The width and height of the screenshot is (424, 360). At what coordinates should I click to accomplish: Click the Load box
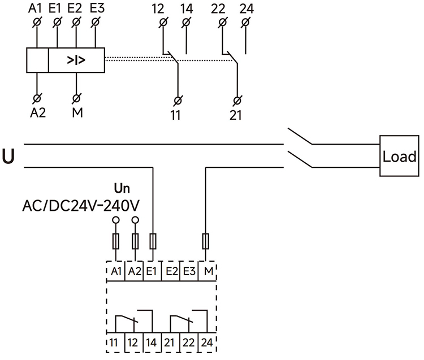[x=400, y=157]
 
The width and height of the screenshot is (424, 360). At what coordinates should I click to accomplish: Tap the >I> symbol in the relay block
[x=76, y=60]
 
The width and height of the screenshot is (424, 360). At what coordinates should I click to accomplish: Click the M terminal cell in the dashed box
[x=208, y=271]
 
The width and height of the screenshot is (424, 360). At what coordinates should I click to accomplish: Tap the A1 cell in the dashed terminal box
[x=116, y=271]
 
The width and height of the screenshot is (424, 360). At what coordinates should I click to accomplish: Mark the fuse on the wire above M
[x=206, y=242]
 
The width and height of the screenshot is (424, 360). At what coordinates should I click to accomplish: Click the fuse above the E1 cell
[x=153, y=242]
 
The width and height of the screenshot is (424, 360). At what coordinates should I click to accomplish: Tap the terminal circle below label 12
[x=163, y=22]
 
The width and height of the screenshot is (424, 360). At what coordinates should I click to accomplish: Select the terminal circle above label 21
[x=236, y=101]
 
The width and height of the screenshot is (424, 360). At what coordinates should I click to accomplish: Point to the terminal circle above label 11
[x=178, y=101]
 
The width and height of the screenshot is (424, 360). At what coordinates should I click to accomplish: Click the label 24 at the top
[x=246, y=9]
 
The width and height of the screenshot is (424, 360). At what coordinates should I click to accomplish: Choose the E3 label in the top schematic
[x=97, y=9]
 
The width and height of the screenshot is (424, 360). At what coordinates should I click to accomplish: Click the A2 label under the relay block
[x=37, y=111]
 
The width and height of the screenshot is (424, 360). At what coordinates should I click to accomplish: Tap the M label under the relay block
[x=76, y=111]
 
